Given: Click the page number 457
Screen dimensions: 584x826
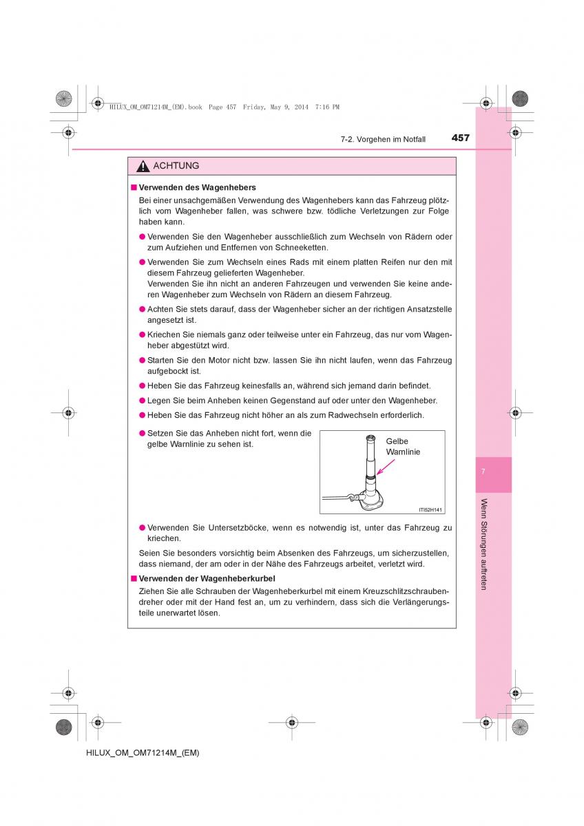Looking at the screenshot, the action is click(460, 138).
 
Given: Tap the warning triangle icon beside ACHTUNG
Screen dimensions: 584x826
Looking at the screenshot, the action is click(143, 167).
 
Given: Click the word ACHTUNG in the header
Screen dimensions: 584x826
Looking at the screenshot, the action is click(176, 166).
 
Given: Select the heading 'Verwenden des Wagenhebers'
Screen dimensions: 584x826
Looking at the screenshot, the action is click(198, 187).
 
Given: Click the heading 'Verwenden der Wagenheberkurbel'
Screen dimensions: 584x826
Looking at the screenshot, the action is click(207, 578).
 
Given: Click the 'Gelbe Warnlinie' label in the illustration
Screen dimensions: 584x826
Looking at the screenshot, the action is click(403, 446).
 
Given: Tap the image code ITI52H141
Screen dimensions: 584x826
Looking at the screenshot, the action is click(430, 509).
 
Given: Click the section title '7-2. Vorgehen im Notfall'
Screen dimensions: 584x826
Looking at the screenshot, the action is click(383, 139).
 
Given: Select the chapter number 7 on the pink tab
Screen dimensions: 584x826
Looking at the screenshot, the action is click(483, 472).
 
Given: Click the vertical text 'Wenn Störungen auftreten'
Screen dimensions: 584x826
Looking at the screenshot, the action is click(484, 544).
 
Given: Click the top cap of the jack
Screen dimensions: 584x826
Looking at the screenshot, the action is click(371, 438).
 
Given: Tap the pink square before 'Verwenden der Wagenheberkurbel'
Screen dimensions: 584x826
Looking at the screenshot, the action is click(134, 578).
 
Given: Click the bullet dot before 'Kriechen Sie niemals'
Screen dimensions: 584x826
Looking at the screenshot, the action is click(142, 335).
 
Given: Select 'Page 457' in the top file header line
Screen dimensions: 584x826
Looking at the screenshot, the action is click(222, 107).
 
